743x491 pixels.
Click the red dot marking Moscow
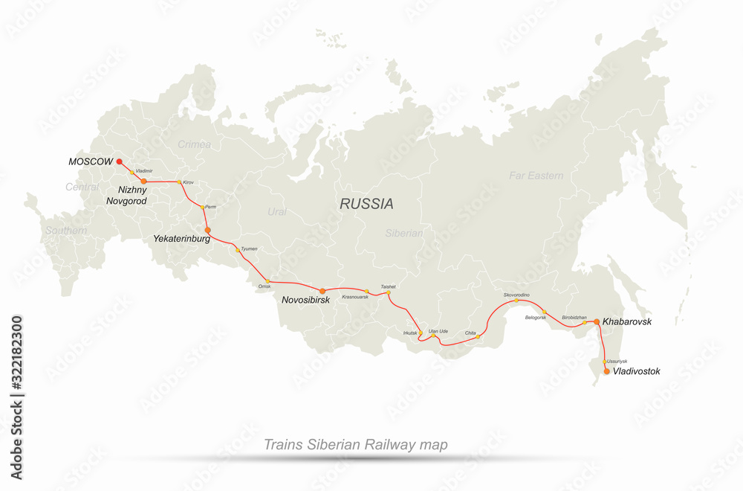pyautogui.click(x=120, y=161)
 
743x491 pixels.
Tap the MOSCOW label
pyautogui.click(x=91, y=161)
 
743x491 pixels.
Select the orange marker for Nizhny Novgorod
pyautogui.click(x=143, y=181)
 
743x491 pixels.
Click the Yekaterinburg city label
pyautogui.click(x=181, y=240)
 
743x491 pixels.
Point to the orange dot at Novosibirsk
pyautogui.click(x=322, y=290)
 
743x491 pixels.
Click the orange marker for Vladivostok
pyautogui.click(x=606, y=370)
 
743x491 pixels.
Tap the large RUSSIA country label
pyautogui.click(x=367, y=204)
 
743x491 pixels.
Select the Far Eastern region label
pyautogui.click(x=536, y=176)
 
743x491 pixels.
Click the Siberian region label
pyautogui.click(x=404, y=233)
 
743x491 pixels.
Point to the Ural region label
pyautogui.click(x=277, y=212)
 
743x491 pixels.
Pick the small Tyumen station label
pyautogui.click(x=250, y=248)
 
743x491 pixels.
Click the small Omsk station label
pyautogui.click(x=265, y=286)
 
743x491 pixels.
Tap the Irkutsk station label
pyautogui.click(x=411, y=333)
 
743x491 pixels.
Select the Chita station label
pyautogui.click(x=470, y=333)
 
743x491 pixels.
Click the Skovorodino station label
pyautogui.click(x=516, y=295)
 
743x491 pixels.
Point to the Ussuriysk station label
pyautogui.click(x=617, y=361)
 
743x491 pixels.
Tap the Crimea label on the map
pyautogui.click(x=194, y=144)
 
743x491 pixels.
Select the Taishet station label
pyautogui.click(x=388, y=286)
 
